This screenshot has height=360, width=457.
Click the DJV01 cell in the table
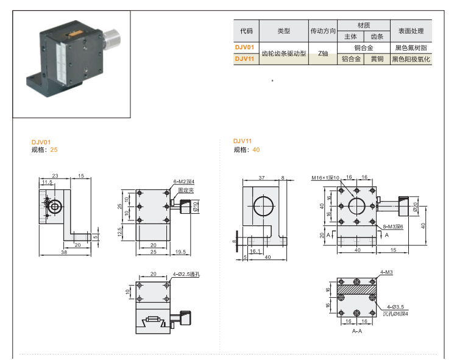[246, 48]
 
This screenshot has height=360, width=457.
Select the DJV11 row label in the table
[246, 59]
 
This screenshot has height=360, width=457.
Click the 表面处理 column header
[411, 30]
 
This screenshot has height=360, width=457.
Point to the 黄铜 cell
[377, 59]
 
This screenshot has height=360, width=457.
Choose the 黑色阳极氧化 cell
[411, 59]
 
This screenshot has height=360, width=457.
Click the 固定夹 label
[185, 190]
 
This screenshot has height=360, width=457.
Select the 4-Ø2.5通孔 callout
[187, 275]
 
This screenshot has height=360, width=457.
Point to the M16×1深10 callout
[325, 178]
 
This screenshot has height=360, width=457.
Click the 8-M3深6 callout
[393, 227]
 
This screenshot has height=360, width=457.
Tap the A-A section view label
[357, 331]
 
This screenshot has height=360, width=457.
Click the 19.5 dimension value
[180, 251]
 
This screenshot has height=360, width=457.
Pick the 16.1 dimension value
[255, 250]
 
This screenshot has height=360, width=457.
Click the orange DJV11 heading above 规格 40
[243, 141]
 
